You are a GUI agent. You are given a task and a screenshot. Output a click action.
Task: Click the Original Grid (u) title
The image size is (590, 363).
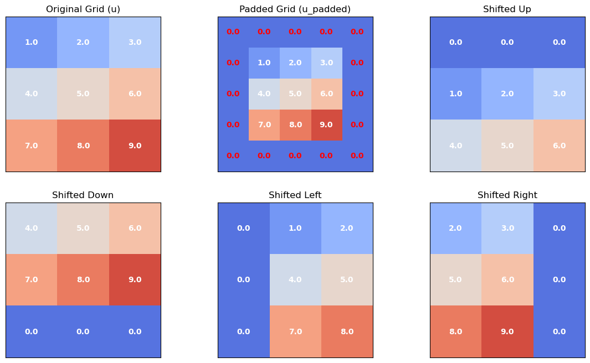tap(83, 9)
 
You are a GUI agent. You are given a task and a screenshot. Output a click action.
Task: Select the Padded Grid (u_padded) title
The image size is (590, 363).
tap(295, 9)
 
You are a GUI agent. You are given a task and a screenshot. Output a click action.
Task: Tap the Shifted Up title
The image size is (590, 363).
tap(507, 9)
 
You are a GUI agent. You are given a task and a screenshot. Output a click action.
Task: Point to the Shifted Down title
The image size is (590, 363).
tap(83, 195)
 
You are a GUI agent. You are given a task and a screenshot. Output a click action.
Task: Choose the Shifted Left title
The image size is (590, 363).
tap(295, 195)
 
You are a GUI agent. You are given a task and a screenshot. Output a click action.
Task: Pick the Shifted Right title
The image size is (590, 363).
tap(507, 195)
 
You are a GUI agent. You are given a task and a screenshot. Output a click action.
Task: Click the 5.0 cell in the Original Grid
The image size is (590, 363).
tap(83, 94)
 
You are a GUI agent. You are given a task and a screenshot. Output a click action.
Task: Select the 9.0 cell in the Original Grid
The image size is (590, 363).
tap(135, 146)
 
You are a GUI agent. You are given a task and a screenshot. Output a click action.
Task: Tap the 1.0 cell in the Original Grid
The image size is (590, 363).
tap(32, 43)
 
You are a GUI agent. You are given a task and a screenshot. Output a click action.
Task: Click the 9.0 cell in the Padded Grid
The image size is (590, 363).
tap(326, 125)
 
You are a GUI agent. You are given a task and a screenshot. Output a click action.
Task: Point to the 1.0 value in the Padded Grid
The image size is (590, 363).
tap(264, 63)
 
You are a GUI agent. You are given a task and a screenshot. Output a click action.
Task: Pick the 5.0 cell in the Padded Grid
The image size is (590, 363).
tap(295, 94)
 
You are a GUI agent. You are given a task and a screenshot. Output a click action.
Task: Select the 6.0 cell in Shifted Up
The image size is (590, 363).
tap(559, 146)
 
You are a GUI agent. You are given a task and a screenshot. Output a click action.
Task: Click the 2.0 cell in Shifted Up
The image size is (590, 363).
tap(507, 94)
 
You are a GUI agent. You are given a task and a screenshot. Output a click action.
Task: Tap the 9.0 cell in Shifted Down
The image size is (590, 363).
tap(135, 280)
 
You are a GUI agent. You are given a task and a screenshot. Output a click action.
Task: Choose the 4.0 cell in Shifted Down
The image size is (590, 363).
tap(32, 229)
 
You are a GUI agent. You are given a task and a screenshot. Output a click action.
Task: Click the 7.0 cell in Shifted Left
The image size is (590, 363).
tap(295, 331)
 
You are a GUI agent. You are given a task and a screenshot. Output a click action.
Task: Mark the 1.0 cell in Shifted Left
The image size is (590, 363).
tap(295, 229)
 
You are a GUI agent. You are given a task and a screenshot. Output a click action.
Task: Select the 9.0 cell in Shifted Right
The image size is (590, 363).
tap(507, 331)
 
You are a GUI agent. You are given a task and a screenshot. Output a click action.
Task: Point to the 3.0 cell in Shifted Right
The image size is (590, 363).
tap(507, 229)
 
